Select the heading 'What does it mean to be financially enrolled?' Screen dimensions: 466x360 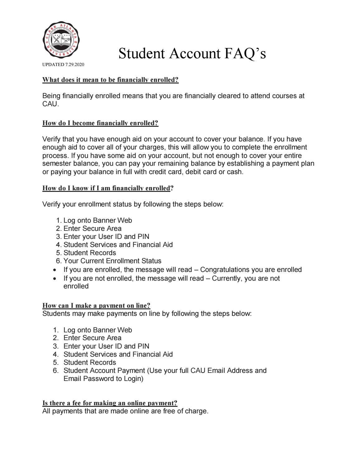tap(110, 80)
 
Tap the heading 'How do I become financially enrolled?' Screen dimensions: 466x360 tap(100, 123)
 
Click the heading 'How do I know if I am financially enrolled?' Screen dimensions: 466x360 tap(108, 188)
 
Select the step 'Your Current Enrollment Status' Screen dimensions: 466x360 tap(112, 261)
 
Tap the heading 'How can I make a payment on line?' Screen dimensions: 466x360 tap(96, 306)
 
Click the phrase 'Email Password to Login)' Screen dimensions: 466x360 tap(103, 379)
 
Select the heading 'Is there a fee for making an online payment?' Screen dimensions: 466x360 tap(110, 403)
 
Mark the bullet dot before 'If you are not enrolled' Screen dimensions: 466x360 tap(55, 278)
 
